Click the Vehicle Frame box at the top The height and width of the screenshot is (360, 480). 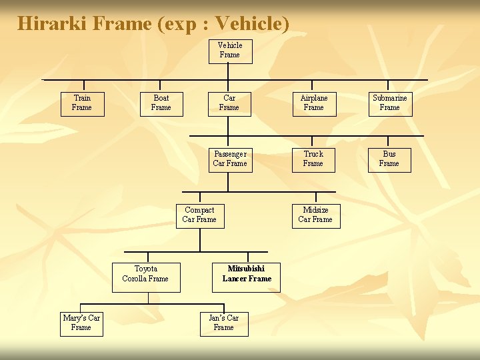click(230, 50)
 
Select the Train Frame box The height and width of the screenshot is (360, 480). click(82, 103)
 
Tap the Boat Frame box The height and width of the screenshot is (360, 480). click(161, 103)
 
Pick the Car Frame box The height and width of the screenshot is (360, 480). click(229, 103)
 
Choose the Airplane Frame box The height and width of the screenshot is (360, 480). click(313, 103)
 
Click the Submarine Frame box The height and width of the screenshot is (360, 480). click(390, 103)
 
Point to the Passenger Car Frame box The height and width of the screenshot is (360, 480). click(230, 159)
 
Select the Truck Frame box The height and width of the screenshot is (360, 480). click(313, 159)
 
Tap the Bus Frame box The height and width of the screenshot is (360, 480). click(389, 159)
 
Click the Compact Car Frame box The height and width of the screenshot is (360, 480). click(199, 215)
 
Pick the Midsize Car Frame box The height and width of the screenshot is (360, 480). click(315, 215)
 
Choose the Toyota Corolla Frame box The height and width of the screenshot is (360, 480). click(145, 275)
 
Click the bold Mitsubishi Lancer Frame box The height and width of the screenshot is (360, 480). click(247, 275)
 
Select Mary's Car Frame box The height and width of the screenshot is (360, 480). click(81, 323)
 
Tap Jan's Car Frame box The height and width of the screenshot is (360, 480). click(224, 323)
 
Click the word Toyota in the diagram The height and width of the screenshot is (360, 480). click(146, 269)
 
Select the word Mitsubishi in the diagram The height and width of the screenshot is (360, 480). click(246, 269)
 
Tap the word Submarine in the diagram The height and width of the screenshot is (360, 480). click(390, 98)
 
